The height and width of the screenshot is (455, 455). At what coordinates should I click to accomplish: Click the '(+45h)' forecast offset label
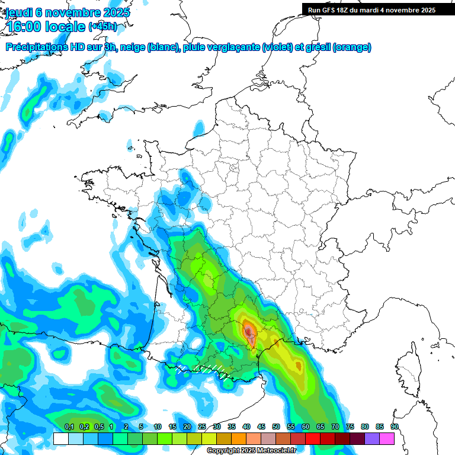102,27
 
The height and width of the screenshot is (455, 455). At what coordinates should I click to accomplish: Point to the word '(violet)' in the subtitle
277,47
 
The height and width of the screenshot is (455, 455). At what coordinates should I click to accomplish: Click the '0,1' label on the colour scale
69,427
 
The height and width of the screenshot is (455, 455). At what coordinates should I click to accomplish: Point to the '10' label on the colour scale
157,427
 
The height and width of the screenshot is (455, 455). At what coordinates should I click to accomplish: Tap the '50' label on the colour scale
276,427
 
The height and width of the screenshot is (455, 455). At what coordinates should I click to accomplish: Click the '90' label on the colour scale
395,427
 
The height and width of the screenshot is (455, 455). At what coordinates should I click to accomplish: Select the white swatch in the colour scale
60,438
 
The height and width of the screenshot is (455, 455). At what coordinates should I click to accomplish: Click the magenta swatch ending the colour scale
387,438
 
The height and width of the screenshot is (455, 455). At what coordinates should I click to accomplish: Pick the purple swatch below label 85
372,438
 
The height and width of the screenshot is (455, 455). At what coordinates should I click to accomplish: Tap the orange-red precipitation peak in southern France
249,329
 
